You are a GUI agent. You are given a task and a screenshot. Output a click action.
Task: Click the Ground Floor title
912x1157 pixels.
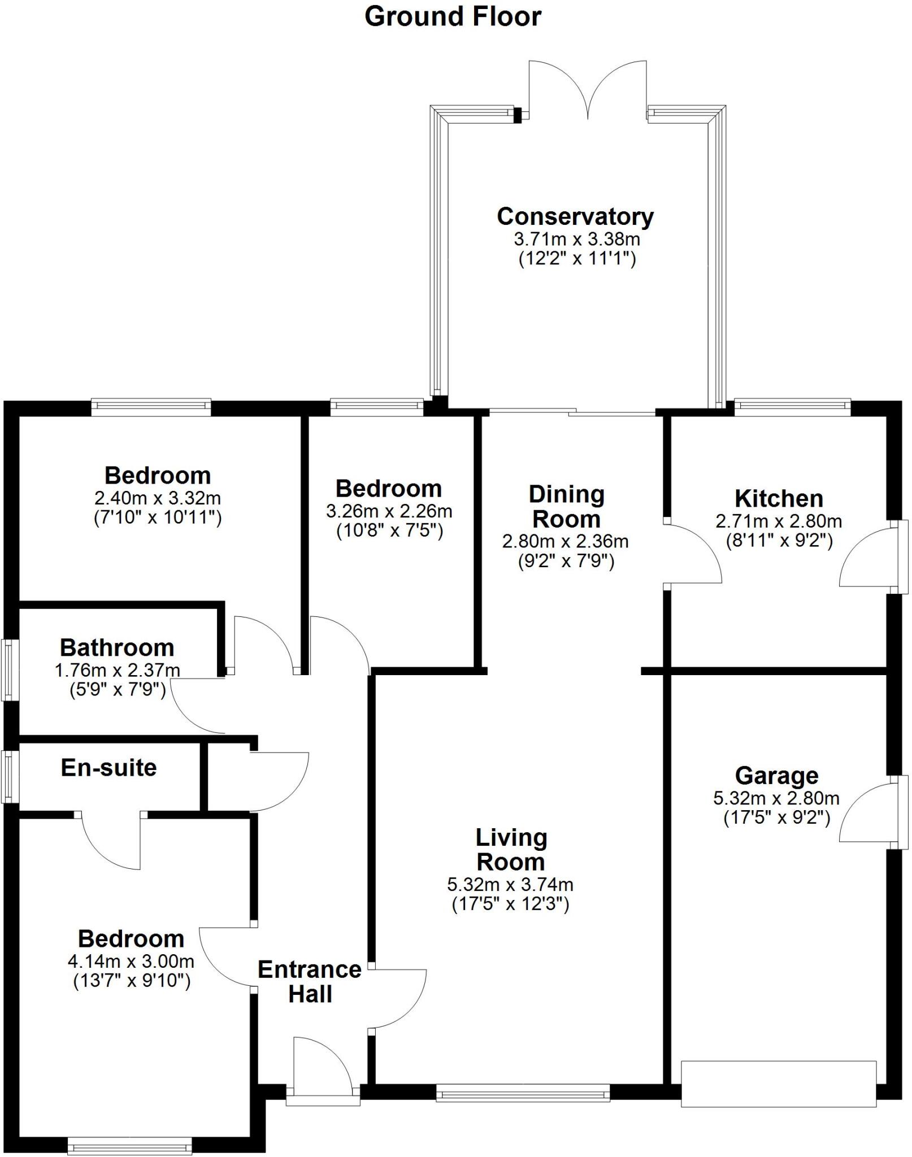point(453,17)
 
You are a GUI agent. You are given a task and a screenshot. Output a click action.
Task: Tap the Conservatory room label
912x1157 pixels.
point(575,216)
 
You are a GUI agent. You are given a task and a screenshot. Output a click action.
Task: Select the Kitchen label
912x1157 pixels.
point(779,499)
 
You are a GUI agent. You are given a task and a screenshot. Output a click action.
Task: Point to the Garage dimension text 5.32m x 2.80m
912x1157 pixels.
point(776,798)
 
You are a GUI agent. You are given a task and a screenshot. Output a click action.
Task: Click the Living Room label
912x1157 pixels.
point(511,850)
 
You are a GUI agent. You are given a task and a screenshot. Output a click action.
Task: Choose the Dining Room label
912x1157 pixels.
point(566,507)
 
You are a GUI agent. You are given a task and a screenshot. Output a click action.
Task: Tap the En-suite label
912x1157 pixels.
point(108,768)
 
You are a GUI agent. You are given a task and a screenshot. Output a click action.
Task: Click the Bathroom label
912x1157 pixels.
point(117,647)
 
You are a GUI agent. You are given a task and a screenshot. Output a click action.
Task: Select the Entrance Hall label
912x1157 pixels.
point(310,982)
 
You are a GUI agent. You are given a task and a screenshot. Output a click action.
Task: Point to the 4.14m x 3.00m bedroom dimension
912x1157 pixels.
point(131,961)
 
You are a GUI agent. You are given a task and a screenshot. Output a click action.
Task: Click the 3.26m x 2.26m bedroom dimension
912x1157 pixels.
point(389,511)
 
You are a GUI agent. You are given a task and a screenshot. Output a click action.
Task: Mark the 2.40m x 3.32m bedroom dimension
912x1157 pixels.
point(158,498)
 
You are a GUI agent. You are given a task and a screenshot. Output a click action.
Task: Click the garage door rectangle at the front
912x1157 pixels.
point(778,1084)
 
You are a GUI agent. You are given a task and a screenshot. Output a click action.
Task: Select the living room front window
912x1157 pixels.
point(523,1093)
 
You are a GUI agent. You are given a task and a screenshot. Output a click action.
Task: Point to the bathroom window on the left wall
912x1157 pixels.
point(10,670)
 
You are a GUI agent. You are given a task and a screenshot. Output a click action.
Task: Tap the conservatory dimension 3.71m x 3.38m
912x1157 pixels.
point(577,239)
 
